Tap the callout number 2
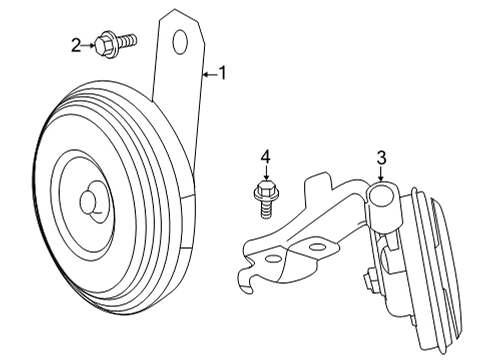point(76,44)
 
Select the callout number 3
point(381,157)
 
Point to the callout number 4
point(266,157)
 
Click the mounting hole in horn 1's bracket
point(181,41)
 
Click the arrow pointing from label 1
point(208,73)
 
